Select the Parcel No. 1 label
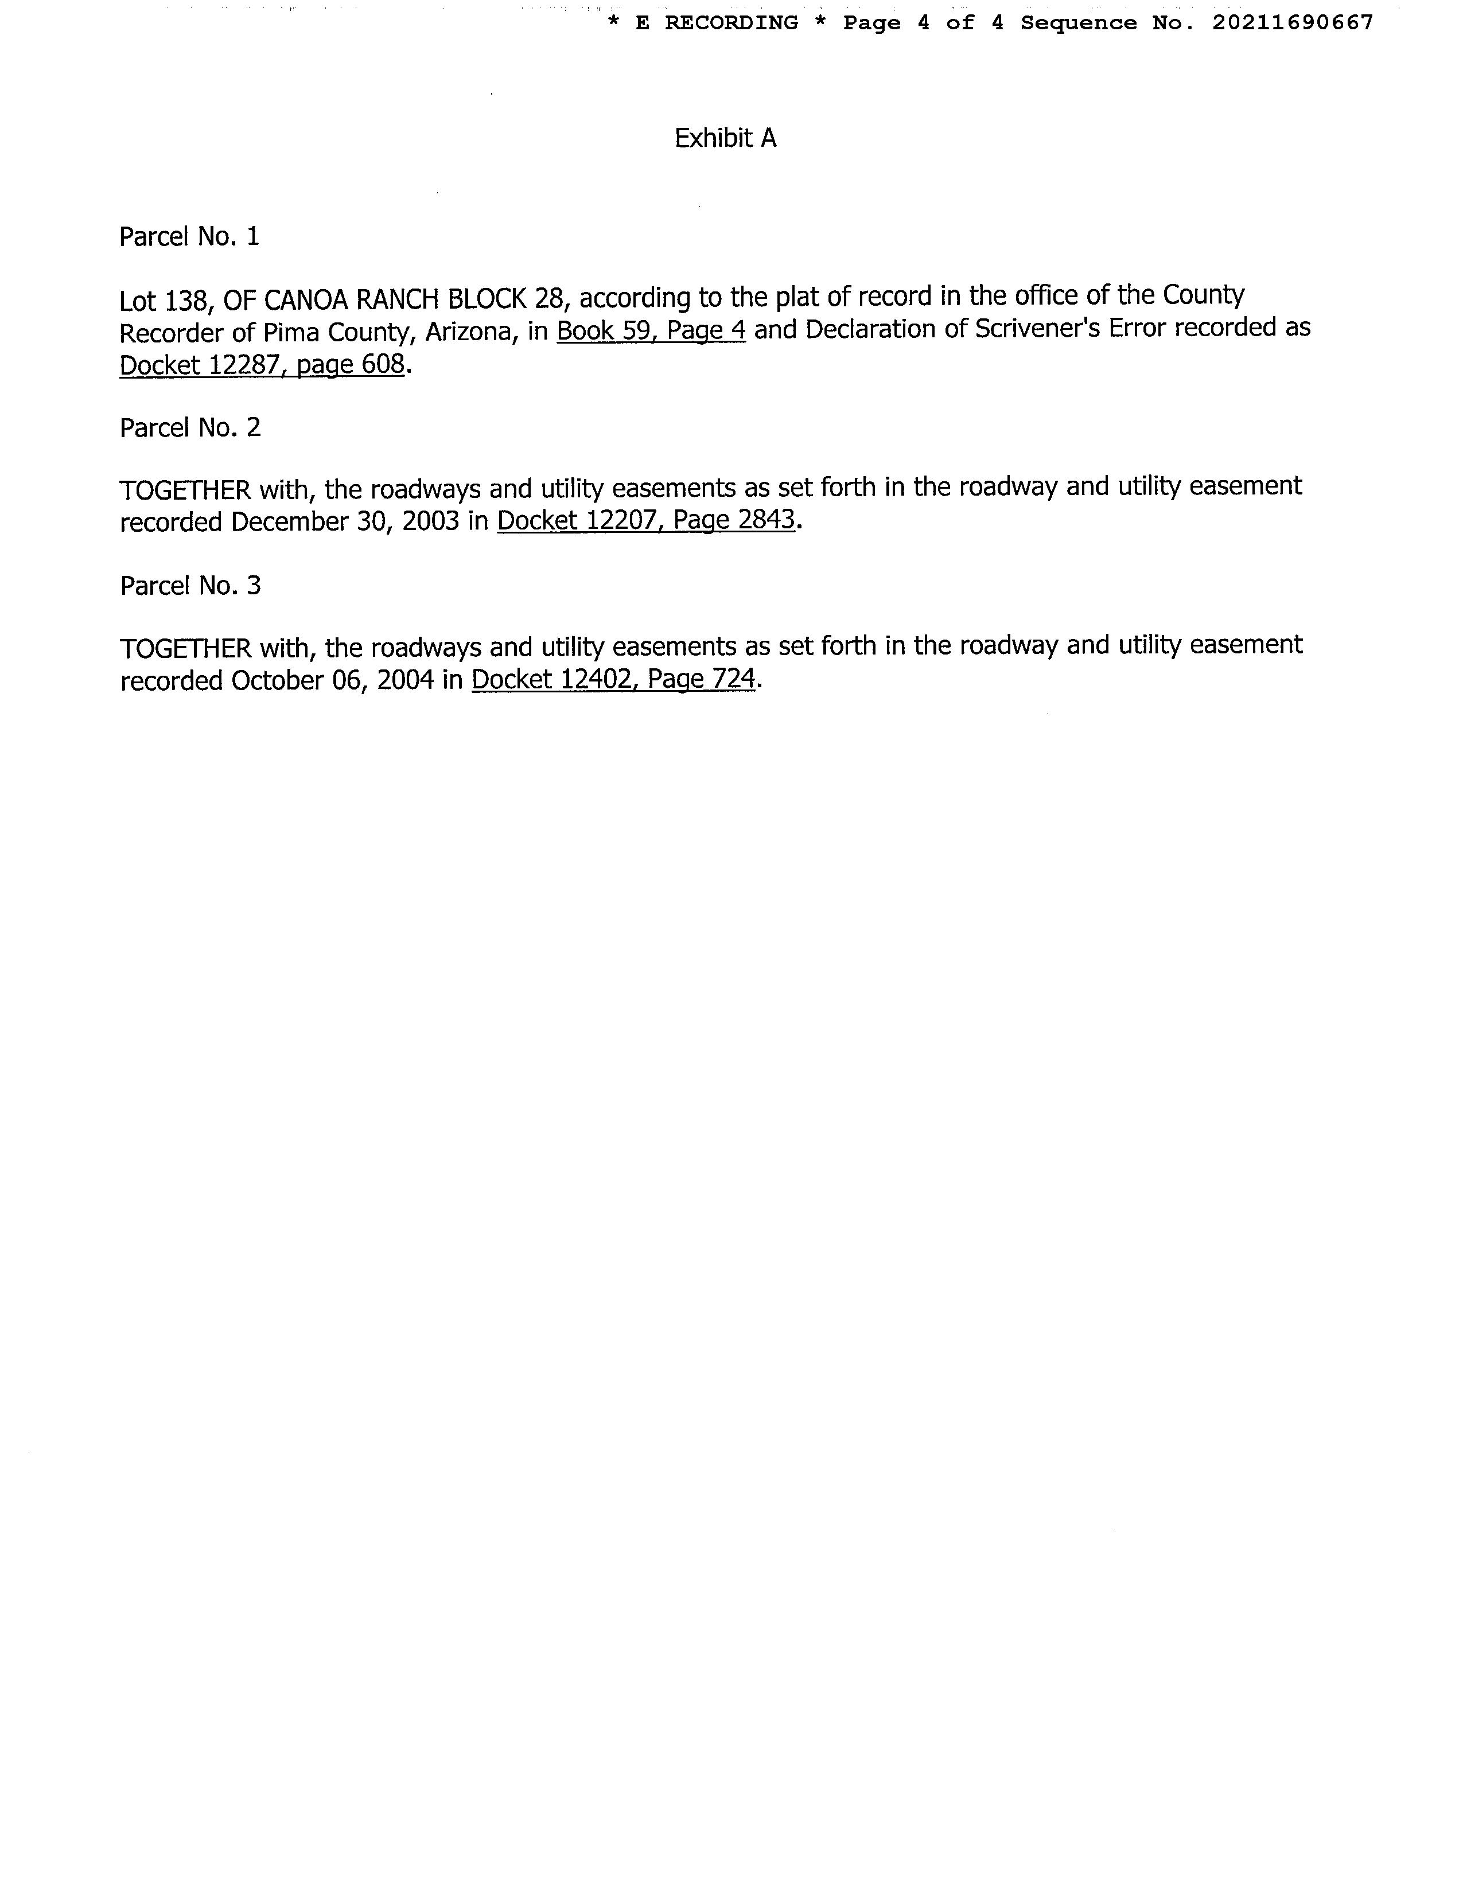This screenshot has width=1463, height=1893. pyautogui.click(x=189, y=236)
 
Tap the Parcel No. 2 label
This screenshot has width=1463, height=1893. pyautogui.click(x=190, y=427)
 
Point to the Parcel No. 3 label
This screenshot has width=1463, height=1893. pyautogui.click(x=190, y=586)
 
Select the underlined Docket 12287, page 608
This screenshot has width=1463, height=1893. pyautogui.click(x=262, y=365)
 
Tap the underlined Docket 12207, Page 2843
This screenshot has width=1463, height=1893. pyautogui.click(x=645, y=520)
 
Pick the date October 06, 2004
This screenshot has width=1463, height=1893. pyautogui.click(x=332, y=680)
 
